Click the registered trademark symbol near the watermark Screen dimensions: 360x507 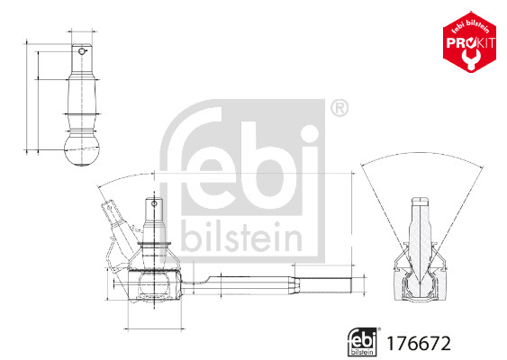point(339,110)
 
